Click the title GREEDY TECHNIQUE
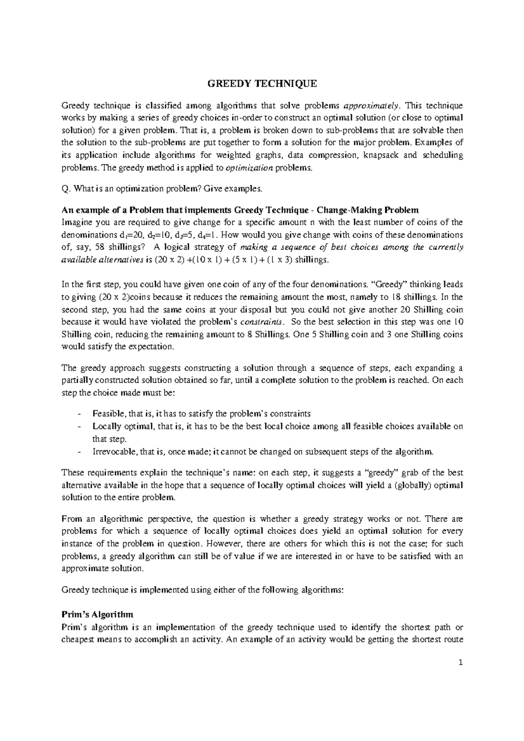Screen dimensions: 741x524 point(262,84)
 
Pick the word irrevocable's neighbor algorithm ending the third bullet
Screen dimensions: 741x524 point(416,451)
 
